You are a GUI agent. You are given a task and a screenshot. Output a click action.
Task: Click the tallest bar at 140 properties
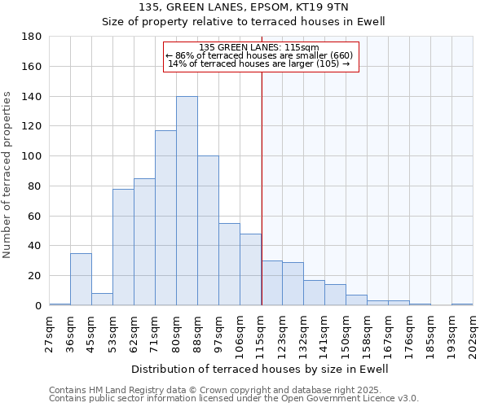coord(187,201)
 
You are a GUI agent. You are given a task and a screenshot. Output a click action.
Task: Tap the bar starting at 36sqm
coord(81,279)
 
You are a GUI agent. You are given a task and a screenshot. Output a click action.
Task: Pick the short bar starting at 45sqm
coord(102,299)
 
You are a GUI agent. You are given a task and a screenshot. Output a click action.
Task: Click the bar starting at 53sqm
coord(123,247)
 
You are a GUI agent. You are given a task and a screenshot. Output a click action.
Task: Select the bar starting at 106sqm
coord(250,269)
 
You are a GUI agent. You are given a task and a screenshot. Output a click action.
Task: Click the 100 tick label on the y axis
coord(32,156)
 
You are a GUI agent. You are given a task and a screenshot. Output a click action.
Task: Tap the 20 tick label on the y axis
coord(35,276)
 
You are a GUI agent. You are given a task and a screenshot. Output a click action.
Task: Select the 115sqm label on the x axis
coord(261,334)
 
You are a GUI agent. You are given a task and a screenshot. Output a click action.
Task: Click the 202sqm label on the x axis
coord(473,334)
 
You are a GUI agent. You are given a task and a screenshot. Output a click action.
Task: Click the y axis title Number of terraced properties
coord(7,175)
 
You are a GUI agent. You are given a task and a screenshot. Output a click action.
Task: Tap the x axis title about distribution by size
coord(261,369)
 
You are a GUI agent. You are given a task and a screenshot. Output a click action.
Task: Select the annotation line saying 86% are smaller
coord(259,55)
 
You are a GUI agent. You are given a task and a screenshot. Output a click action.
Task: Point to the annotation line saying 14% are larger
coord(259,63)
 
